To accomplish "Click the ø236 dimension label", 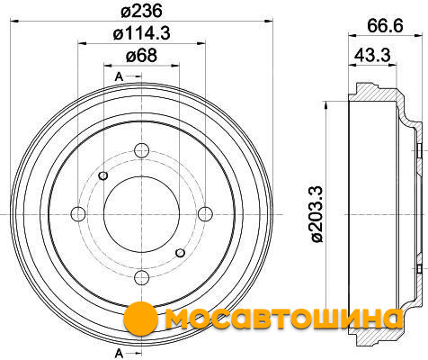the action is [x=141, y=12].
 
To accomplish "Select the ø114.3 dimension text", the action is [x=141, y=33].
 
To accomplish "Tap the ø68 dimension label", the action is [x=141, y=55].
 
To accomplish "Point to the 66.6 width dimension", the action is [x=385, y=26].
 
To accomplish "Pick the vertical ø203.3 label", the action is [x=317, y=213].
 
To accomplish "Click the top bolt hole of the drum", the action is [x=142, y=150].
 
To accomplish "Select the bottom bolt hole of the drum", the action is [x=142, y=277].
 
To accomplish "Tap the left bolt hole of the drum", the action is [x=78, y=214].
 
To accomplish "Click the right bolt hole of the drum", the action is [x=206, y=214].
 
